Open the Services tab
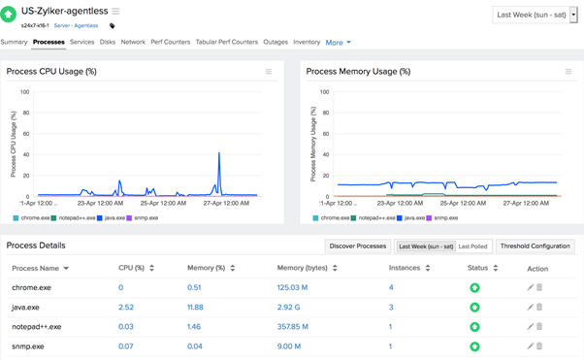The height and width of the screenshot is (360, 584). [x=81, y=43]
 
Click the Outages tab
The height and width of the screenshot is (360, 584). [x=276, y=43]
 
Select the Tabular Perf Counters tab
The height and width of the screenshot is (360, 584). [x=227, y=43]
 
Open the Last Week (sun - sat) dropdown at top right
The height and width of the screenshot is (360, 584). [x=535, y=16]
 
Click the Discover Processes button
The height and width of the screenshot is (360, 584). [x=357, y=246]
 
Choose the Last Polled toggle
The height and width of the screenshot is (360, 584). [x=472, y=246]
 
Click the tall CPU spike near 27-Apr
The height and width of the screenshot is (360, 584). [x=219, y=154]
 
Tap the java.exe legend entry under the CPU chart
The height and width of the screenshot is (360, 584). [x=115, y=218]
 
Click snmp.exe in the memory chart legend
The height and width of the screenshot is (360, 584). [x=445, y=218]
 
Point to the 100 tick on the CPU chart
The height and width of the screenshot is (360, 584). [x=24, y=93]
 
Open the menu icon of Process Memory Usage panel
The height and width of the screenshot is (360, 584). [x=568, y=72]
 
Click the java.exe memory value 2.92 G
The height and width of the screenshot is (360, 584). [x=289, y=308]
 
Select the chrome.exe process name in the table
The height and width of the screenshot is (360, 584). [x=31, y=288]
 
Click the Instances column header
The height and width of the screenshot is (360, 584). [x=404, y=268]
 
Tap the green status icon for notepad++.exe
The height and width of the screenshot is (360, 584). [x=474, y=327]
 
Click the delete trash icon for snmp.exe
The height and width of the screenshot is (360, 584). [x=539, y=346]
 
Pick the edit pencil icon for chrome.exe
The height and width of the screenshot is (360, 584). [x=530, y=288]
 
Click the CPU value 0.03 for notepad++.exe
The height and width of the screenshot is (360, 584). [x=126, y=327]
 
